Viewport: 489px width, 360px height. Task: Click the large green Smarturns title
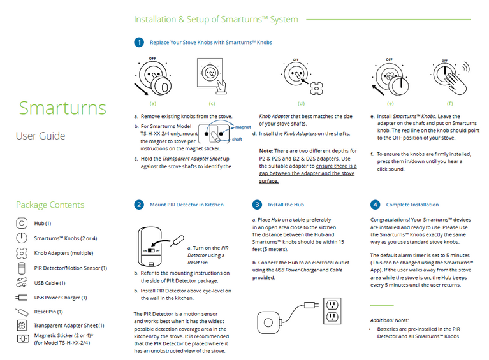[x=62, y=107]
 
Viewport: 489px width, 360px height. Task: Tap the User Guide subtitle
[x=40, y=136]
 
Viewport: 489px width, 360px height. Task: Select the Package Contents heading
[x=50, y=205]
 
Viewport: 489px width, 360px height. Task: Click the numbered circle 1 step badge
[x=138, y=43]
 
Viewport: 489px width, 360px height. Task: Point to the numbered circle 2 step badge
[x=138, y=205]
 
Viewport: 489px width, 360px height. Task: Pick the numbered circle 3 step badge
[x=256, y=205]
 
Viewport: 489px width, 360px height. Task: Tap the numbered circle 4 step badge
[x=374, y=205]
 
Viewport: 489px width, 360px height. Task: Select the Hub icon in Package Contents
[x=22, y=223]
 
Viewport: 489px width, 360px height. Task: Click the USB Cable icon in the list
[x=22, y=283]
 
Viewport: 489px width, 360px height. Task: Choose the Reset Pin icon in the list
[x=22, y=312]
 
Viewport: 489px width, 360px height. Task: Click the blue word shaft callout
[x=237, y=138]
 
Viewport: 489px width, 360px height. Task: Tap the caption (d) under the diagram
[x=301, y=103]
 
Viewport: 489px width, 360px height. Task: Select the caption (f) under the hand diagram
[x=450, y=103]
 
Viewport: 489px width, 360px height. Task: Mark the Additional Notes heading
[x=390, y=320]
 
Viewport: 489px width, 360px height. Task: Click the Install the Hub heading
[x=286, y=205]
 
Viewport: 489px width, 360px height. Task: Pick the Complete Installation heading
[x=412, y=205]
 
